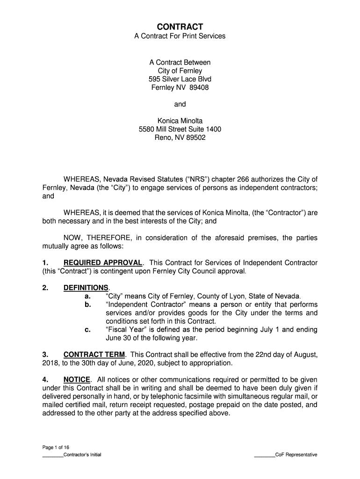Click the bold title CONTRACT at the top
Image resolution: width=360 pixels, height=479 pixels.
click(x=180, y=27)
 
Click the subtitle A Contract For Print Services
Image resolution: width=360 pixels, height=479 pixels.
click(x=180, y=36)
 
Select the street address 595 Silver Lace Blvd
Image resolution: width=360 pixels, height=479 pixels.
click(x=180, y=79)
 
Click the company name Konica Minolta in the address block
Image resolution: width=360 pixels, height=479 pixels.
click(x=180, y=121)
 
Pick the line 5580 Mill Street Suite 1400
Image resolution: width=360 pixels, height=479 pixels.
click(x=180, y=130)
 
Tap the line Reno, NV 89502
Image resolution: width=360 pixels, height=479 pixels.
click(x=180, y=138)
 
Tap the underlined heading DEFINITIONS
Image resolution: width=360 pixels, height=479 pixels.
click(x=86, y=288)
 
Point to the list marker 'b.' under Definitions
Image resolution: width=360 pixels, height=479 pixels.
click(x=87, y=305)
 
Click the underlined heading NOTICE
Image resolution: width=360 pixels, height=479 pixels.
click(x=77, y=379)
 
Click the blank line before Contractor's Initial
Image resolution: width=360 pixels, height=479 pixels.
click(x=52, y=455)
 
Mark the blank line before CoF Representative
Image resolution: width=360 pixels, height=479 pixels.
click(x=264, y=455)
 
